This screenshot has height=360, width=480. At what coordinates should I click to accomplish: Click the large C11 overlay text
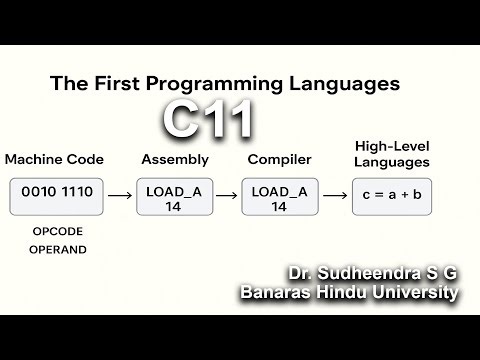(209, 120)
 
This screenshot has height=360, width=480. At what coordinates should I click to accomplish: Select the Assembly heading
(175, 159)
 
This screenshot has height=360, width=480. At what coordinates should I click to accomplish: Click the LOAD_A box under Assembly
(175, 197)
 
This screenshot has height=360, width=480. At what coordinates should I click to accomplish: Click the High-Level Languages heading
(392, 153)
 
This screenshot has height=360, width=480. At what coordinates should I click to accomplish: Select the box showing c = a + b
(392, 197)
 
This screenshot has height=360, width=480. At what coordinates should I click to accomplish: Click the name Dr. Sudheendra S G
(371, 273)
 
